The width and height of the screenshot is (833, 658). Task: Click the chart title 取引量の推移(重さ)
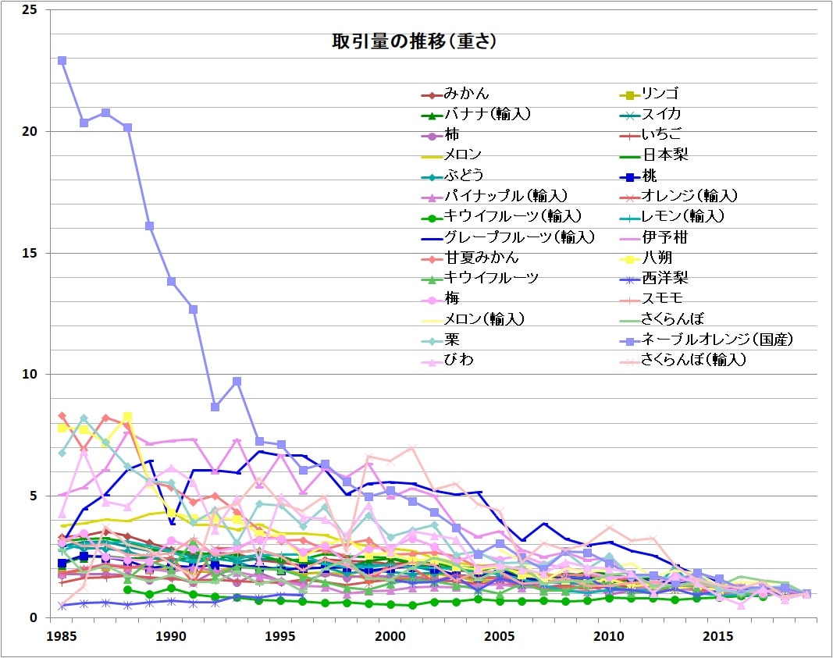coord(415,42)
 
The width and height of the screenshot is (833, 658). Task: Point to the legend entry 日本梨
coord(664,155)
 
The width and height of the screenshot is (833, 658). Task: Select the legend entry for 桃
coord(649,176)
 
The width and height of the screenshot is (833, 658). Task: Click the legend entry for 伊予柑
coord(664,237)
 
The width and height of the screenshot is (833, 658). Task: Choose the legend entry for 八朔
coord(657,257)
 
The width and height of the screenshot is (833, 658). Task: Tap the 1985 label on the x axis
coord(62,637)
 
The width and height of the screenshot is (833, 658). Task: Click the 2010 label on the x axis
coord(609,637)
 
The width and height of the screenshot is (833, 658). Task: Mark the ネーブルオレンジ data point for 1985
coord(62,60)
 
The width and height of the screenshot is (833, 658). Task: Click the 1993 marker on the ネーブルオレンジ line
coord(237,382)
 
